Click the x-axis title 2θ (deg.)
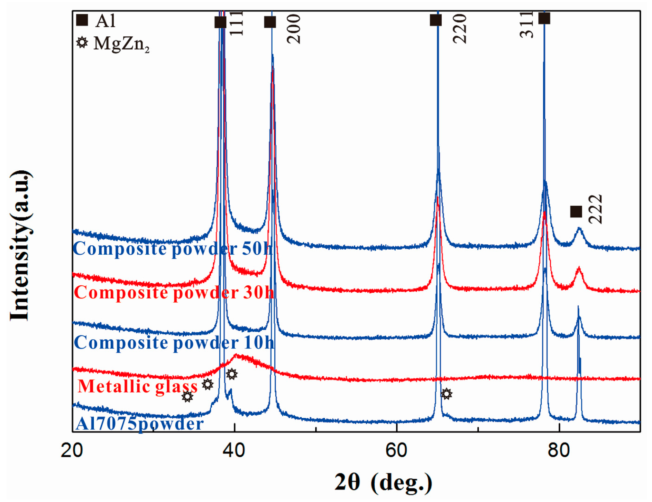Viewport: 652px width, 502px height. [383, 482]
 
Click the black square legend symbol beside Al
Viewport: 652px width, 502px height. [82, 20]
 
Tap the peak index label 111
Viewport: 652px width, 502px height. [236, 23]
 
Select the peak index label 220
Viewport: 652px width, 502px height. [460, 29]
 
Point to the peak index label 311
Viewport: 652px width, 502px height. [527, 25]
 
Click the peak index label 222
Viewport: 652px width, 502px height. [595, 209]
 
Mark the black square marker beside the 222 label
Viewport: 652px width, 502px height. [576, 212]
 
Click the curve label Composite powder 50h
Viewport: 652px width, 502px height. [172, 249]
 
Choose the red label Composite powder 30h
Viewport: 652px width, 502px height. [174, 292]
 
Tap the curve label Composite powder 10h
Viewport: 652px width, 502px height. [174, 342]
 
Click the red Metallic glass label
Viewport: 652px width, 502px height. [138, 386]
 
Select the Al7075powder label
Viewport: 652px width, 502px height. [140, 423]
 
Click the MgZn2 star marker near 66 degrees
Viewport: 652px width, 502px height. [446, 393]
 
